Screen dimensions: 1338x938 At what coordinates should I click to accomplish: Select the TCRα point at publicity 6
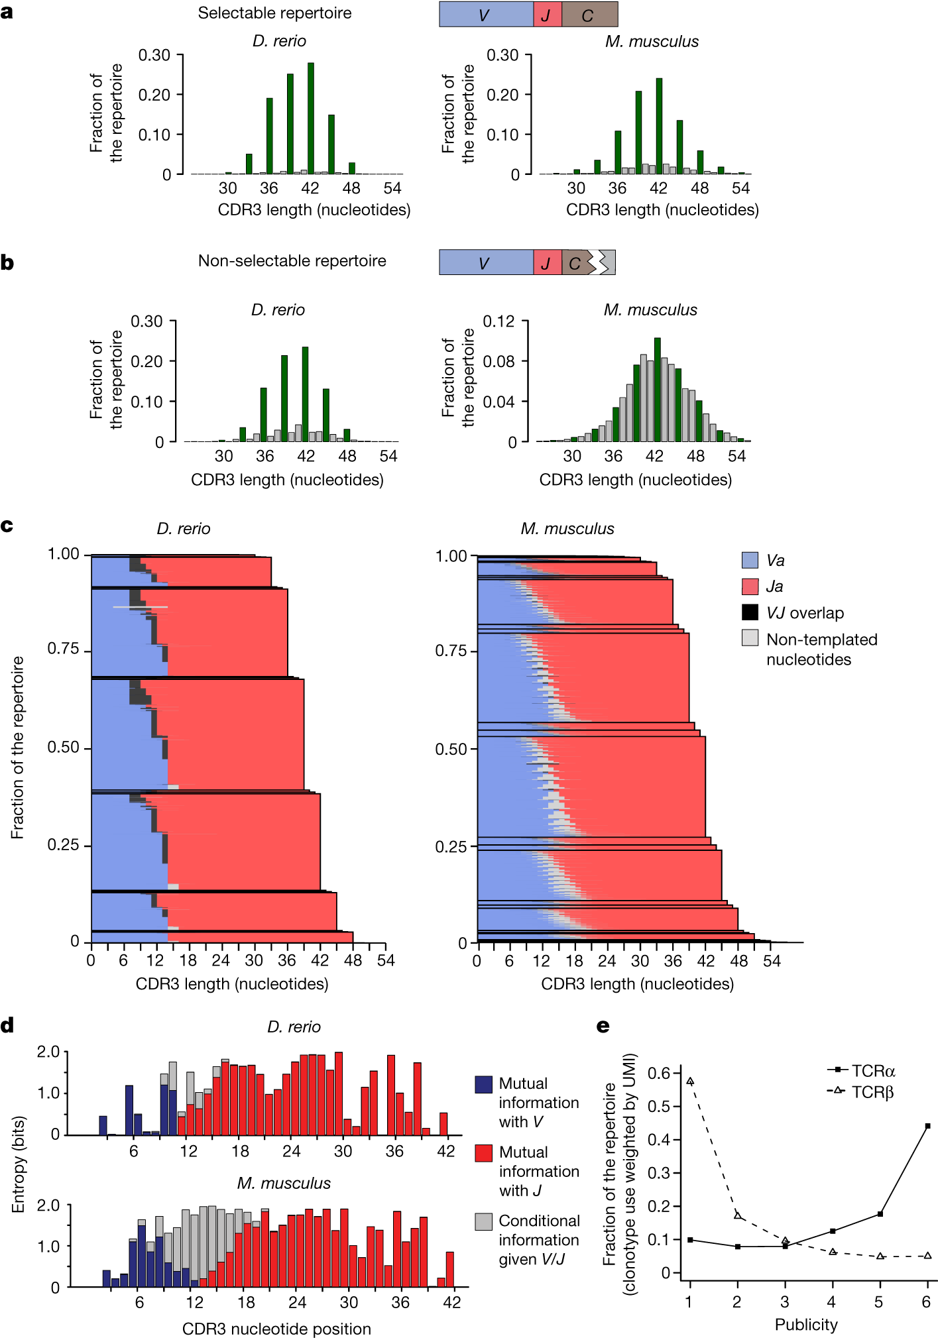(x=927, y=1126)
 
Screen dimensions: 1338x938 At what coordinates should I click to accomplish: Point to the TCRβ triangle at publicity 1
(x=690, y=1081)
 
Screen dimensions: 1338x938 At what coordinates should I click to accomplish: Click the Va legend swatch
(x=750, y=560)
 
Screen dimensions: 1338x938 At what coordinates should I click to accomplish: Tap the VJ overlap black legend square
(x=750, y=612)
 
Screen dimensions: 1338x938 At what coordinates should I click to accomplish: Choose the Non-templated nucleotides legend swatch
(x=750, y=638)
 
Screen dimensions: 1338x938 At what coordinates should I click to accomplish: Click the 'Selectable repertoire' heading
(x=274, y=13)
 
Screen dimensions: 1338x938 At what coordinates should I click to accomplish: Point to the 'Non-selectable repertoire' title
(x=292, y=261)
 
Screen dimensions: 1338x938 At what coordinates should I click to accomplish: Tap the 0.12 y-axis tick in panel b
(x=498, y=322)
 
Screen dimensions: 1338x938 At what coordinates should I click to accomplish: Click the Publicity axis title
(x=806, y=1324)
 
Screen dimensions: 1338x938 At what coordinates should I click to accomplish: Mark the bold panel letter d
(x=7, y=1026)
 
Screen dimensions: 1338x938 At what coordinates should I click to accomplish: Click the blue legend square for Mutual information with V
(x=484, y=1084)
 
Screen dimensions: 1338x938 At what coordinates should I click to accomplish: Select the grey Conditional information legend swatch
(x=484, y=1221)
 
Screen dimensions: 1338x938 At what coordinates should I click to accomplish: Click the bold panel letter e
(x=603, y=1026)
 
